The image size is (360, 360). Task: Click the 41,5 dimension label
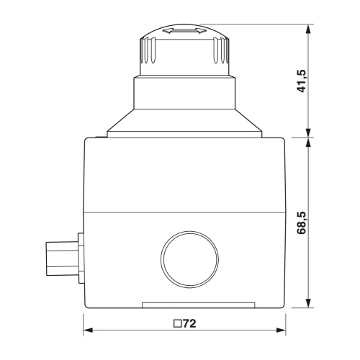[302, 81]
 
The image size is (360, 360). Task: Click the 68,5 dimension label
[302, 222]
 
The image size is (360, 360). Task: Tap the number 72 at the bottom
[190, 324]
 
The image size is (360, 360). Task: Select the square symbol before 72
[178, 324]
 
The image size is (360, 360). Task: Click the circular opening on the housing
[189, 259]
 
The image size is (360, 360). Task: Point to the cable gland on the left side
[62, 258]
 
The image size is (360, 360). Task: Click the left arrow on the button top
[168, 30]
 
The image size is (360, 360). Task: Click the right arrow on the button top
[200, 30]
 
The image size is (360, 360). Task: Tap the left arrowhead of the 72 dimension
[88, 330]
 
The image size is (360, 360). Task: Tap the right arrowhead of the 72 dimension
[281, 330]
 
